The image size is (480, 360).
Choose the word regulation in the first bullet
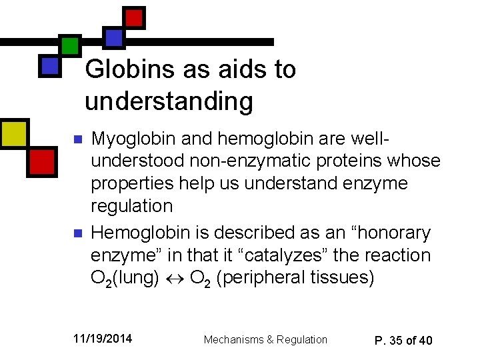pos(131,205)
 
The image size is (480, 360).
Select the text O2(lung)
pos(125,277)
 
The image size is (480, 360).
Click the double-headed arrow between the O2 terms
pos(175,277)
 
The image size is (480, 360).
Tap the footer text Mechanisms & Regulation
pos(265,339)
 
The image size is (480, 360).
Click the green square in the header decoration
pos(69,45)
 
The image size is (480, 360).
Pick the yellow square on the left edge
pos(13,133)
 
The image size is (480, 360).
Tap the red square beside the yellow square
pos(41,161)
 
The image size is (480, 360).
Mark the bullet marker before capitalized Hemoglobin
pos(77,234)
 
